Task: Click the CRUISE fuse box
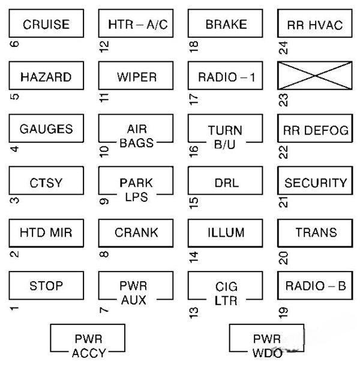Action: [46, 25]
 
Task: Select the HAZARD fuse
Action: [46, 77]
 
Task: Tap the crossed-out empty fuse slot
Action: [315, 77]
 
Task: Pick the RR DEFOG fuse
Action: [315, 130]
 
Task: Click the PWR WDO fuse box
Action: [266, 341]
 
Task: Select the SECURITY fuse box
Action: [315, 183]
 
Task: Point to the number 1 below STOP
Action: [13, 309]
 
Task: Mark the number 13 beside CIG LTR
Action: [193, 311]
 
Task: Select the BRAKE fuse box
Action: [226, 25]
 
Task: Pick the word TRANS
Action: [316, 233]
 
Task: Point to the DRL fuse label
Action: [226, 183]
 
